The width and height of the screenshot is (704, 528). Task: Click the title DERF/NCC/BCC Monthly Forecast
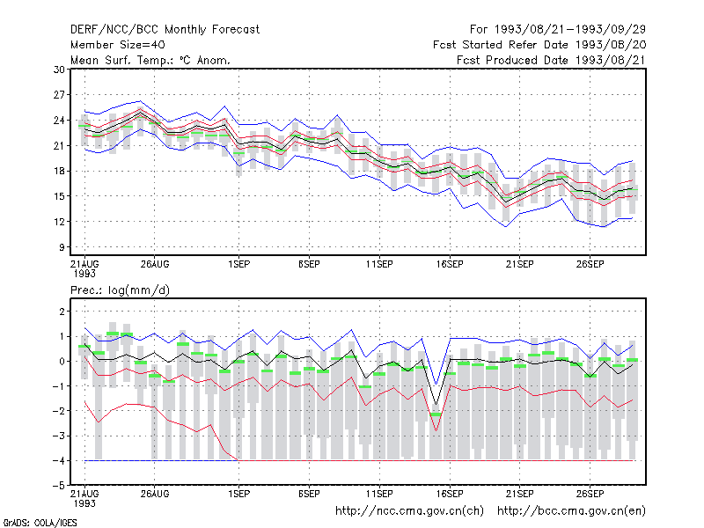165,30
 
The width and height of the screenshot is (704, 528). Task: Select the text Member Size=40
118,45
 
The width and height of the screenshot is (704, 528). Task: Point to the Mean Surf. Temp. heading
150,60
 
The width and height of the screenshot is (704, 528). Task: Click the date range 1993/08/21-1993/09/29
570,30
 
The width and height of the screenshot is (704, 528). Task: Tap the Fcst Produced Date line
552,60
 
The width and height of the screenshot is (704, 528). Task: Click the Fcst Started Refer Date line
539,45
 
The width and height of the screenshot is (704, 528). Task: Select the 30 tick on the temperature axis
59,70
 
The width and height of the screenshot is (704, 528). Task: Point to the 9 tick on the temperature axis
62,247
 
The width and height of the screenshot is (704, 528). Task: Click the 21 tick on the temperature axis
59,145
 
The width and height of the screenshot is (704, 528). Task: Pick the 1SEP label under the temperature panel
238,265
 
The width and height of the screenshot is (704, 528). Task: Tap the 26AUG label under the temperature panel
155,265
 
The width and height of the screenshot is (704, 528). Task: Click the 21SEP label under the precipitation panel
520,494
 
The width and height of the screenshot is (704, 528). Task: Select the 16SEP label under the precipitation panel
450,494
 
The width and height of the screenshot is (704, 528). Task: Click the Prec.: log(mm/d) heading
120,290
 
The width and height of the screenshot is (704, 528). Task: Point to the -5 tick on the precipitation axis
58,486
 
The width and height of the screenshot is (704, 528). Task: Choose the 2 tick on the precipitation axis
62,312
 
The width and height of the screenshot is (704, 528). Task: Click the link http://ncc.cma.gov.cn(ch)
410,511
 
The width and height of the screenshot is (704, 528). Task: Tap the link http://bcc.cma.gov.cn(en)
571,511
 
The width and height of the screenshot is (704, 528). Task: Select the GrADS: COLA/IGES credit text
40,523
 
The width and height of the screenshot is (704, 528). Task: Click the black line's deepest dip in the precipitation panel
436,405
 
